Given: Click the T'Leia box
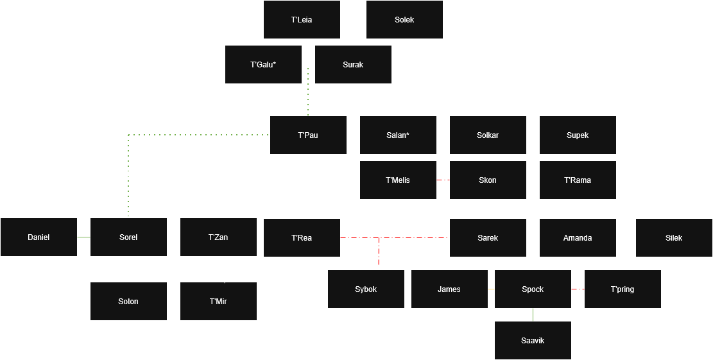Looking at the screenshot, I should [x=302, y=20].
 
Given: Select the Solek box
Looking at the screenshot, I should [x=404, y=20].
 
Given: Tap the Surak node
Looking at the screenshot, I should [x=353, y=65].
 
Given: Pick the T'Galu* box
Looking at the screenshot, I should [x=263, y=65].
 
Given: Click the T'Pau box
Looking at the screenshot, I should [x=308, y=135].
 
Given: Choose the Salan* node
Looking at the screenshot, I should [x=398, y=135].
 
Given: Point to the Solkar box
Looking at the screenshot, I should [x=488, y=135].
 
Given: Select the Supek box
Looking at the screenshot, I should [x=578, y=135].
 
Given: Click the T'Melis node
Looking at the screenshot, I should [x=398, y=180].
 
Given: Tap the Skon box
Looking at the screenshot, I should [x=488, y=180].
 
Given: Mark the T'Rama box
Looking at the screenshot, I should [x=578, y=180].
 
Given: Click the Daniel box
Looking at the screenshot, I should [x=39, y=237].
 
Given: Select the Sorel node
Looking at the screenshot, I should [x=128, y=237].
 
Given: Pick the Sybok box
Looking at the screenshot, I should [x=366, y=289].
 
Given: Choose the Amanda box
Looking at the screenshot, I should [x=578, y=238].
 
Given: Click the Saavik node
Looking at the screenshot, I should [x=533, y=341].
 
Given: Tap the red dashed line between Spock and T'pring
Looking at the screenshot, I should [x=578, y=289].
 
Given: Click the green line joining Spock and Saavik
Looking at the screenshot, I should [x=533, y=315].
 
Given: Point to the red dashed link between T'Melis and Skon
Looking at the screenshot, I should [x=443, y=180].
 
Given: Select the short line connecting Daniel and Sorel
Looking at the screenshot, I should [x=83, y=237].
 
